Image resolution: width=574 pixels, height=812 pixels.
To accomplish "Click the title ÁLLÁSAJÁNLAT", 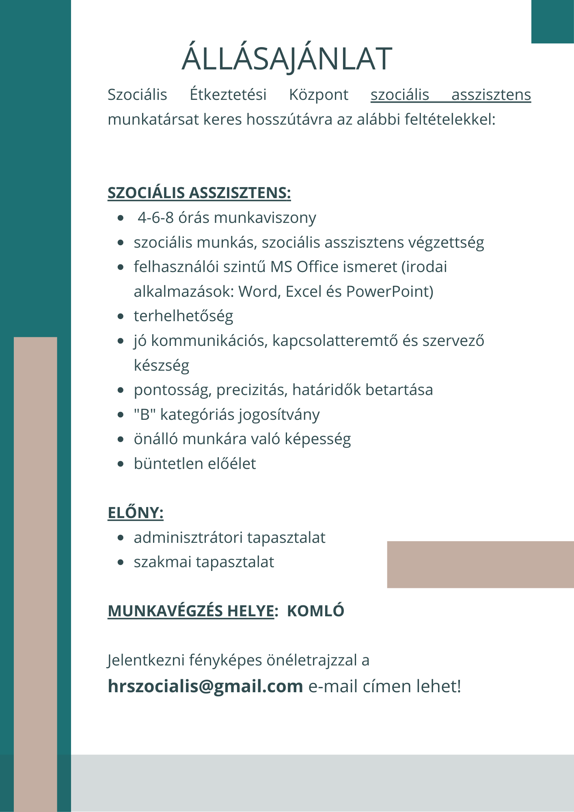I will [x=287, y=59].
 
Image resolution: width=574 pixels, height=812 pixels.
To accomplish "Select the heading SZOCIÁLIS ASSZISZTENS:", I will [x=199, y=193].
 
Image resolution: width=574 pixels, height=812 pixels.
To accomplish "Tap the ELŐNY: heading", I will [x=136, y=513].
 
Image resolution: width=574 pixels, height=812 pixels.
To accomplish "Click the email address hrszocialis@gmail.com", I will [x=205, y=686].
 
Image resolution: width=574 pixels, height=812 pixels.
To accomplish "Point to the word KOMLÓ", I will [x=315, y=611].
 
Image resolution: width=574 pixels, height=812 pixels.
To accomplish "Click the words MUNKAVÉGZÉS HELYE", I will [x=191, y=611].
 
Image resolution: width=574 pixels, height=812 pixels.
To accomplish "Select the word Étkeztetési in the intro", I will [x=228, y=95].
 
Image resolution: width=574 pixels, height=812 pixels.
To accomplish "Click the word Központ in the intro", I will [x=319, y=95].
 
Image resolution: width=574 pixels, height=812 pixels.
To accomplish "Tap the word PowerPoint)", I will [x=390, y=292].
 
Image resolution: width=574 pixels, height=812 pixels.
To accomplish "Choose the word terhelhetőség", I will [x=183, y=316].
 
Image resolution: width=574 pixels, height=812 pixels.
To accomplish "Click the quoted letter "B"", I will [x=145, y=415].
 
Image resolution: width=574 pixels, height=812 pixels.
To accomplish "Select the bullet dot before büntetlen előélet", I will [x=120, y=464].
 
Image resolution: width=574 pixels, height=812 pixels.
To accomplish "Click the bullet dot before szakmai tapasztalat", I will [x=120, y=562].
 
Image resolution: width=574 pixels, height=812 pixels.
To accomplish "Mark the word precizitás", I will [x=252, y=390].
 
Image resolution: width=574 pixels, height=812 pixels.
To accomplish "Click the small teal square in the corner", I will [x=552, y=22].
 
